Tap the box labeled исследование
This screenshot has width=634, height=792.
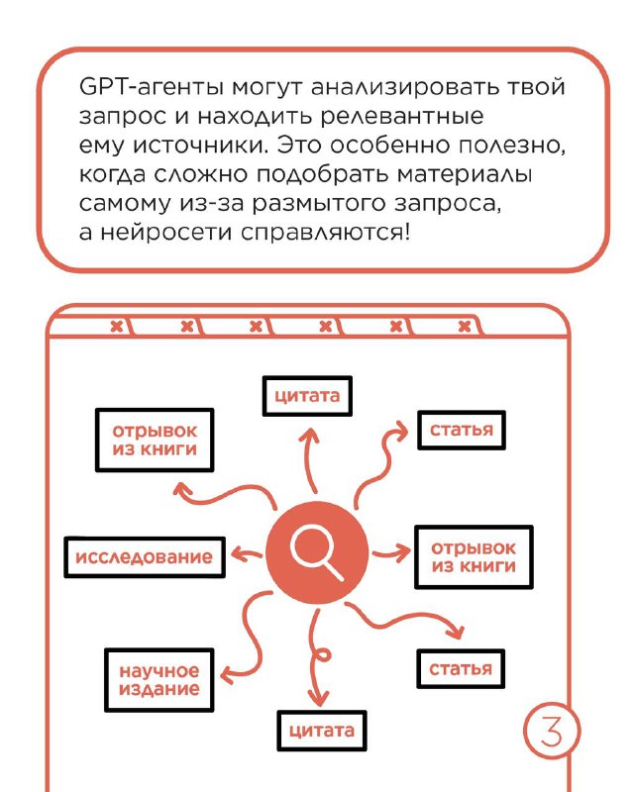[145, 557]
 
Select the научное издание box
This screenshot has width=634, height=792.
[158, 680]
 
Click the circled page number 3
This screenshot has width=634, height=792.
[551, 731]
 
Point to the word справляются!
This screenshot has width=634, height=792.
[324, 233]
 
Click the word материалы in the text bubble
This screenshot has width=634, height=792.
[465, 175]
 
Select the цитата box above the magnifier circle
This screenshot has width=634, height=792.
[307, 395]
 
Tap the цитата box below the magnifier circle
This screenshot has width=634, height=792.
[322, 731]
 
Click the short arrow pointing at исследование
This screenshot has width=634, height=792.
[247, 554]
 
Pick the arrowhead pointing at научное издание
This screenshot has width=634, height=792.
[228, 673]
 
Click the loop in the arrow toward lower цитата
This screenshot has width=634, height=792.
[322, 655]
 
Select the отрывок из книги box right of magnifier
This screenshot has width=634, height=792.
[474, 557]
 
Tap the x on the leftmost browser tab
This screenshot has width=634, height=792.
[117, 326]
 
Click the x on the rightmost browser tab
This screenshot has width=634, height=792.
[465, 327]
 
